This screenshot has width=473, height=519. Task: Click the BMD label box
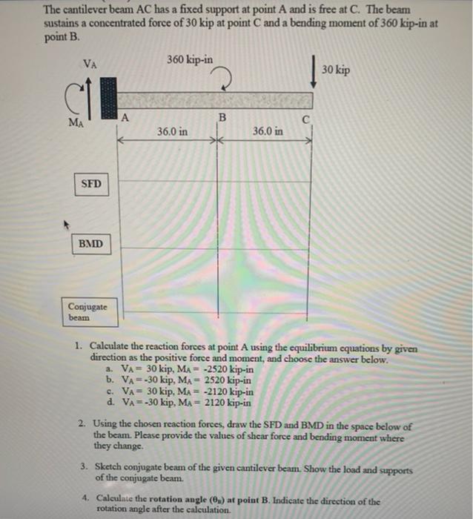click(x=92, y=244)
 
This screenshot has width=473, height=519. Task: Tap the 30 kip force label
click(x=337, y=70)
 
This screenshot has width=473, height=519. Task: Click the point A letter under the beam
click(x=125, y=116)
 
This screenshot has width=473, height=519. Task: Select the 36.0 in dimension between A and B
click(x=172, y=131)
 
